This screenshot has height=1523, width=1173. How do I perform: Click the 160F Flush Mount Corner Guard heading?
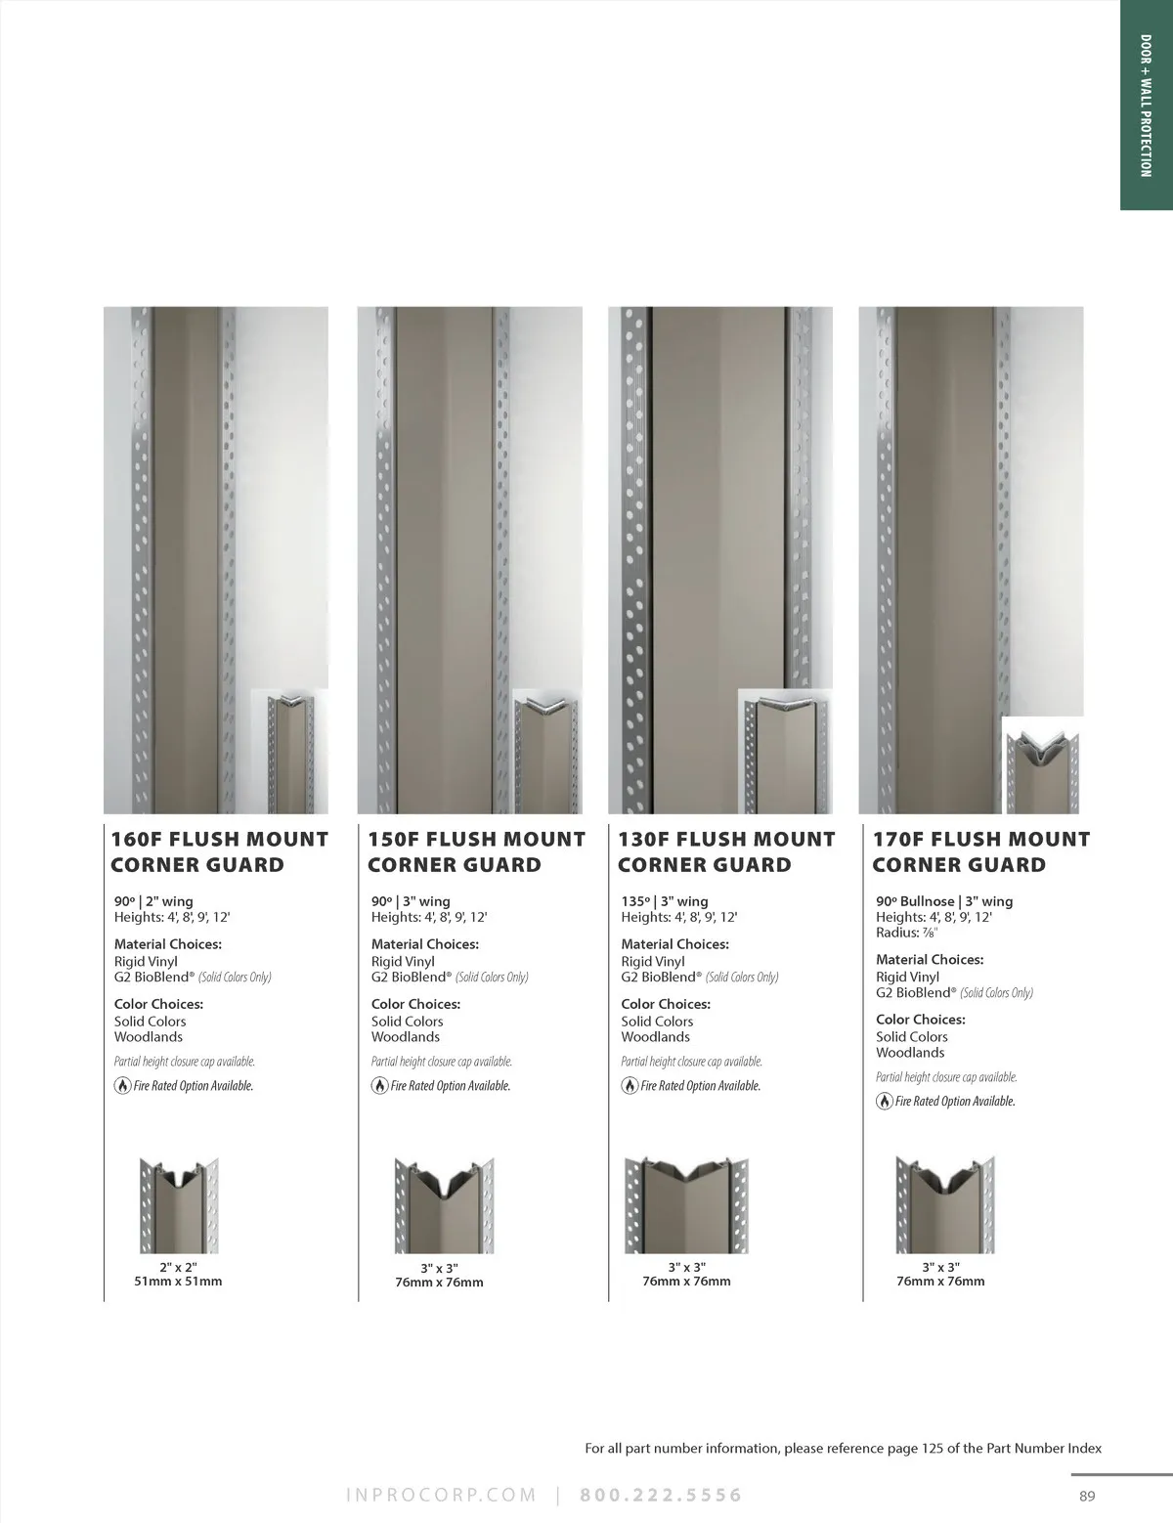[219, 851]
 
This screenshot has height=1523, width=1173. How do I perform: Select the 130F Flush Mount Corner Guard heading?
[726, 851]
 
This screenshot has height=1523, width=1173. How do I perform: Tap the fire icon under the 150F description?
[380, 1086]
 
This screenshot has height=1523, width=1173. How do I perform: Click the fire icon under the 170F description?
[885, 1101]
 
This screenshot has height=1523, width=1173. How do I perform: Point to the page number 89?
[1087, 1497]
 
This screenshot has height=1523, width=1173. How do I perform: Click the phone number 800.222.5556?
[661, 1496]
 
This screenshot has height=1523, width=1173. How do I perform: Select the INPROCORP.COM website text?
[442, 1496]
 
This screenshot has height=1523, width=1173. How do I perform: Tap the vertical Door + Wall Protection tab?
[1146, 106]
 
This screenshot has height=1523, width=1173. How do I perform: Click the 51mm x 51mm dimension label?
[178, 1282]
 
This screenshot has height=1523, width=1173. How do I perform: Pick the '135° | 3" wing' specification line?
[665, 901]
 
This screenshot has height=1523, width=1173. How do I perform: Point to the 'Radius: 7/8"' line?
[907, 933]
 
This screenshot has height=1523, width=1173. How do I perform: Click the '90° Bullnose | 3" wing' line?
[944, 901]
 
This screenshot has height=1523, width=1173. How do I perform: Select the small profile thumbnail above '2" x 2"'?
[180, 1205]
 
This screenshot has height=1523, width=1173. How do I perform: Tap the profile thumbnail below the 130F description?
[687, 1205]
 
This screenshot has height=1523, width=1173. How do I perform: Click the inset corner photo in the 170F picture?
[1043, 765]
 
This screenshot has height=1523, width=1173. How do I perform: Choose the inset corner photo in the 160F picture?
[289, 752]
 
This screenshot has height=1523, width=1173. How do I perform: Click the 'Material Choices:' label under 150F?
[424, 944]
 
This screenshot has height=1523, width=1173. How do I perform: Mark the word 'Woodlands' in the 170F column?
[910, 1053]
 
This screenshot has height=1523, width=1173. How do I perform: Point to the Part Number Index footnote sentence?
[843, 1449]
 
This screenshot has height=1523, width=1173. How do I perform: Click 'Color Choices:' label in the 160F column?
[158, 1004]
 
